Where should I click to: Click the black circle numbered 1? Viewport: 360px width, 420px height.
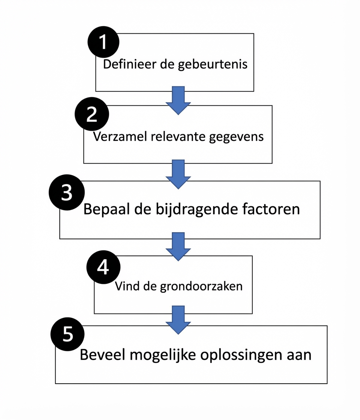tap(103, 42)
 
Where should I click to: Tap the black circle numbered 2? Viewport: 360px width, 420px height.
tap(92, 114)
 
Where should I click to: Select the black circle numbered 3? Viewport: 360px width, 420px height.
tap(67, 193)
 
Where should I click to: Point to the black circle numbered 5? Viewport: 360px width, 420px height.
tap(67, 334)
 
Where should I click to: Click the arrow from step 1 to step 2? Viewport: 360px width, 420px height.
tap(178, 99)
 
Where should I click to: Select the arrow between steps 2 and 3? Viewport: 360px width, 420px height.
tap(178, 173)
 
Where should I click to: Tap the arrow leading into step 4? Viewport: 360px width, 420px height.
tap(178, 246)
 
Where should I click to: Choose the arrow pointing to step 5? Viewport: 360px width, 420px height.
tap(178, 319)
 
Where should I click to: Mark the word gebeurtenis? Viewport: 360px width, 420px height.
tap(213, 64)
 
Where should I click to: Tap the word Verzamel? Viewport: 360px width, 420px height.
tap(120, 136)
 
